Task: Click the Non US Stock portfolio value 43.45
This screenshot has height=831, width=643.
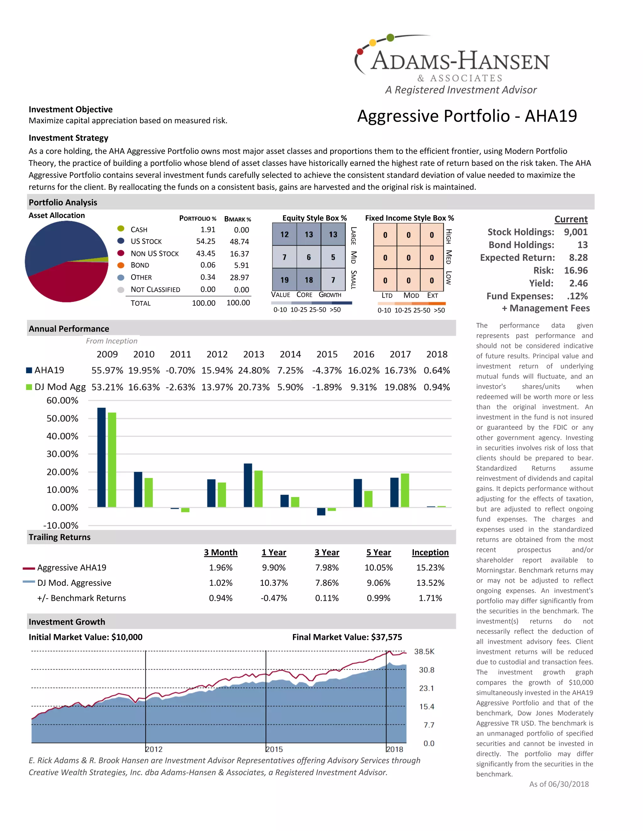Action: pos(206,253)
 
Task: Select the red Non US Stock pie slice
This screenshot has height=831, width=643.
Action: pos(68,282)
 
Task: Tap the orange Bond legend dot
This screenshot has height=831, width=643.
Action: pos(121,265)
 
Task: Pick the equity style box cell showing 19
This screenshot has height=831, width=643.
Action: pos(284,280)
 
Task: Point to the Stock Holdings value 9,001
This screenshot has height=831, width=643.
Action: pos(575,232)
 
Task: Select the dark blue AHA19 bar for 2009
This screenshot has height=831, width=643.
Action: pos(101,457)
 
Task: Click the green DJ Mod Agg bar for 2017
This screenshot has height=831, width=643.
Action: pos(405,490)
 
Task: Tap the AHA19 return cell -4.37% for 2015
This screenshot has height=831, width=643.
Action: pos(327,370)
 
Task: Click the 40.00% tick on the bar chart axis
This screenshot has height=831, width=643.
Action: pos(62,436)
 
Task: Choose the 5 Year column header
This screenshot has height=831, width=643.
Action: pos(378,552)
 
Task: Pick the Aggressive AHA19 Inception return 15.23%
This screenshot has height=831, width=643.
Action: pos(430,567)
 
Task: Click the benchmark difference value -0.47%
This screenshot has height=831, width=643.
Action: pos(273,598)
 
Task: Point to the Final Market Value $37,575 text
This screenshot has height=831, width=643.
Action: pos(347,637)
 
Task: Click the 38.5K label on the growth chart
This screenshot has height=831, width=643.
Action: pos(424,651)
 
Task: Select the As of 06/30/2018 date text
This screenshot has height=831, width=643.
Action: pos(559,784)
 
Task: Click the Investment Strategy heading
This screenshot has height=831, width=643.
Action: pos(68,138)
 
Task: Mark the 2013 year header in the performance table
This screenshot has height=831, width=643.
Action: pos(253,354)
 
